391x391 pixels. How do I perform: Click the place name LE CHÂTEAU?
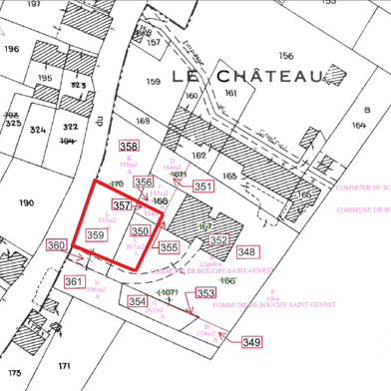click(248, 76)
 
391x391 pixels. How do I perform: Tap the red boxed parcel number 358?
click(129, 147)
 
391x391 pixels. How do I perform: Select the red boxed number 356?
click(144, 183)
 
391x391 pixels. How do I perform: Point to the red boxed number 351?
click(203, 187)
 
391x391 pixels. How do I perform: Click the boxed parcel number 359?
click(96, 234)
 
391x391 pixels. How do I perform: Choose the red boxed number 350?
click(141, 230)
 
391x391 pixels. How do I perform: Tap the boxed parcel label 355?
click(170, 247)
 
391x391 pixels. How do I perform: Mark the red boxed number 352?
click(218, 239)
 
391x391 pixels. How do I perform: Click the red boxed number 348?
click(246, 251)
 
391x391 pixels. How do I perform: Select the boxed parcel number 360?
click(56, 245)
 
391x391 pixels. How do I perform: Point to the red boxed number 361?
click(74, 282)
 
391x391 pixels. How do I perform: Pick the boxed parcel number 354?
click(138, 300)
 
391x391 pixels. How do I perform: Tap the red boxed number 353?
click(205, 293)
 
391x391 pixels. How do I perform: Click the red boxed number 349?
click(251, 342)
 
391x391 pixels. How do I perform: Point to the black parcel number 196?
click(12, 48)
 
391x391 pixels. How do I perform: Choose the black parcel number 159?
click(153, 81)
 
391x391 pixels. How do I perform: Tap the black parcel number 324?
click(39, 130)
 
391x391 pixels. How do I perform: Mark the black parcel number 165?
click(229, 176)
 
